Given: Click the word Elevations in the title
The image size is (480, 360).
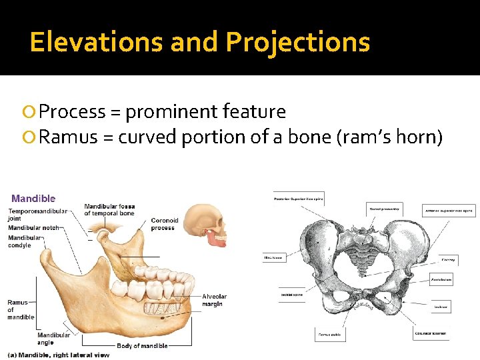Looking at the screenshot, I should point(97,42).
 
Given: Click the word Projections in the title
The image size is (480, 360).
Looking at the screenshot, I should point(297,42).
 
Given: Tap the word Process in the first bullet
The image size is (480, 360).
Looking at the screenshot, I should point(71,112).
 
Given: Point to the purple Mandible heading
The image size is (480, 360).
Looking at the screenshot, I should point(33,198).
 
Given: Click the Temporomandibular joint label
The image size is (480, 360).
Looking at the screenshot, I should point(37,215).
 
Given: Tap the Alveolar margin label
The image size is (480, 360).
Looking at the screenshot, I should point(214,301).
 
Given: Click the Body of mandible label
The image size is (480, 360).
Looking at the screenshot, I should point(142,346).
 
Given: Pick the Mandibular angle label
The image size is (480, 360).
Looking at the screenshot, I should point(54,339).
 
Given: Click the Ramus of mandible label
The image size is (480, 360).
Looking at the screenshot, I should point(20,310).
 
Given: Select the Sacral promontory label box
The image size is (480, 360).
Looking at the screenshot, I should point(385,210).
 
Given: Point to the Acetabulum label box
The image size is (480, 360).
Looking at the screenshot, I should point(441,280).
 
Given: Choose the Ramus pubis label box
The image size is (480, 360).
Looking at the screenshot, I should point(331,335).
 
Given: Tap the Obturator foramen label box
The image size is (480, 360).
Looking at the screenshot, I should point(431,333).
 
